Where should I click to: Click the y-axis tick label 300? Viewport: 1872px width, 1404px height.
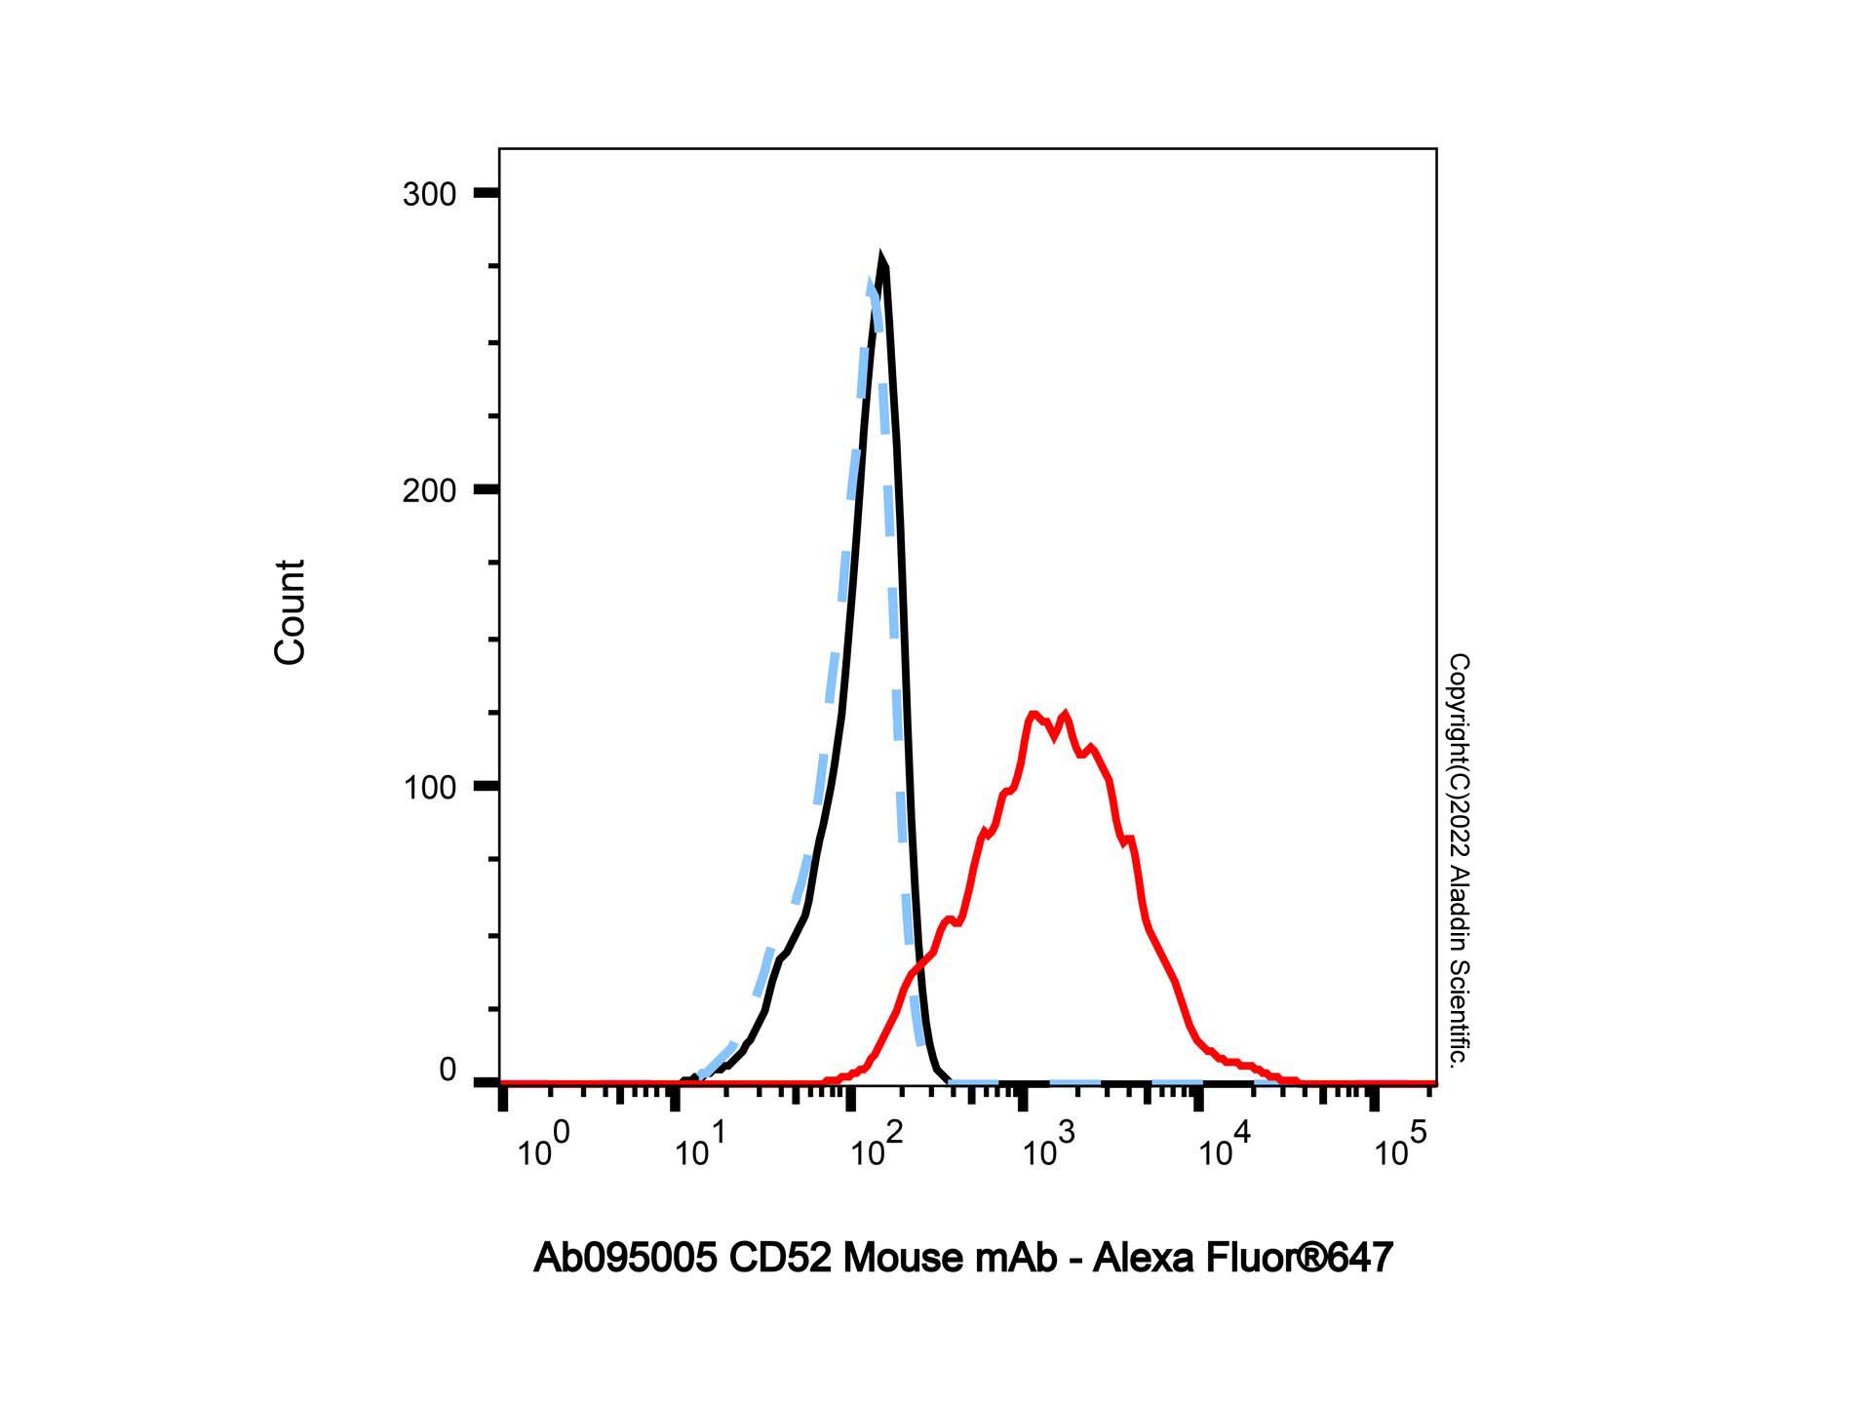429,194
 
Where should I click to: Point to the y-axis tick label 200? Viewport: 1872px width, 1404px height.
429,490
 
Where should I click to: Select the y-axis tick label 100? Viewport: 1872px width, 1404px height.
429,787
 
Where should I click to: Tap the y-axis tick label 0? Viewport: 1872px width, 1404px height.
447,1071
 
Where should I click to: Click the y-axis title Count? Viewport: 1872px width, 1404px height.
291,612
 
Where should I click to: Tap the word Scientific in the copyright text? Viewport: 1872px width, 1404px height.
1459,1014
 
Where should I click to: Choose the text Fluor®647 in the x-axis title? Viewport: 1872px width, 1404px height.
1300,1258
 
